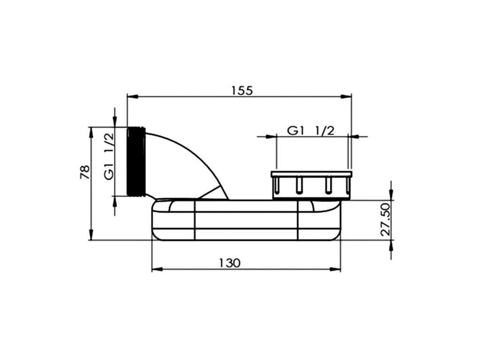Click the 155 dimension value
point(242,90)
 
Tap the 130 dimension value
point(230,262)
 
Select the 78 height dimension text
point(85,172)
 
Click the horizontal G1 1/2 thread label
point(311,131)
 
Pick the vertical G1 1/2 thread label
point(109,157)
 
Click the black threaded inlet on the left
point(136,161)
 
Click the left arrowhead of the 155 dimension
point(132,97)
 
